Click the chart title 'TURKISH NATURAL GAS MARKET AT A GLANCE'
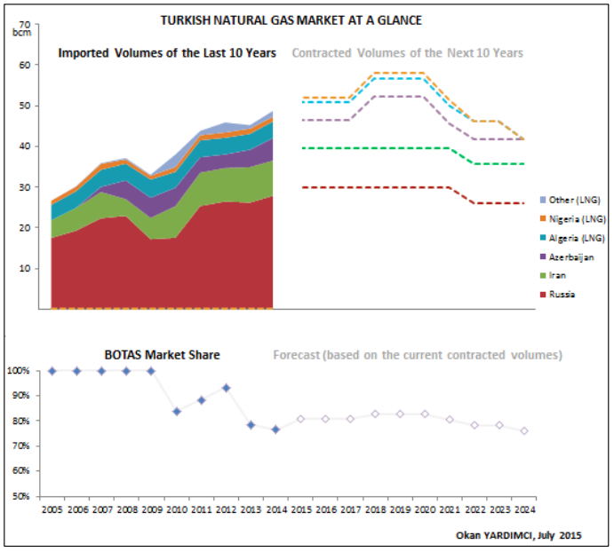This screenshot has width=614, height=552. pyautogui.click(x=291, y=20)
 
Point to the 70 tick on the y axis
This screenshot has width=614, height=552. pyautogui.click(x=24, y=24)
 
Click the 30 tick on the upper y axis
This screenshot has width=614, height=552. pyautogui.click(x=24, y=187)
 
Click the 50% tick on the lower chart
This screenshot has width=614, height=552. pyautogui.click(x=21, y=495)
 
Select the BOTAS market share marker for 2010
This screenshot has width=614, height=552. pyautogui.click(x=177, y=411)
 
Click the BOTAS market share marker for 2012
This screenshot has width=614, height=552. pyautogui.click(x=227, y=388)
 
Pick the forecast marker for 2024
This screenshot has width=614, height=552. pyautogui.click(x=524, y=431)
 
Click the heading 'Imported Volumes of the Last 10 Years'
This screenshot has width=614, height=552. pyautogui.click(x=166, y=53)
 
